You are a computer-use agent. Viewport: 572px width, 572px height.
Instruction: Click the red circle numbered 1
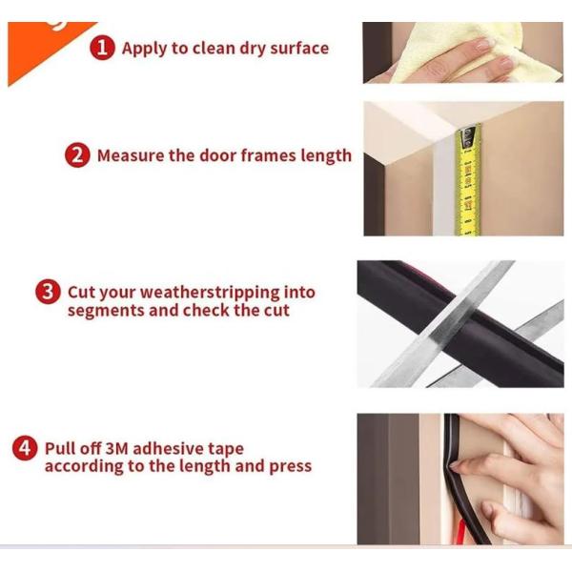coord(103,48)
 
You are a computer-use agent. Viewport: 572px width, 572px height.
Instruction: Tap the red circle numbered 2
coord(78,155)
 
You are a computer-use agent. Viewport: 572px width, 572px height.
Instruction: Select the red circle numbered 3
coord(49,293)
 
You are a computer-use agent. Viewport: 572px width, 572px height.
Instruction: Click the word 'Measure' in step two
coord(131,155)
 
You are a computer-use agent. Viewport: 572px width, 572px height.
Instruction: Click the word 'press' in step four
coord(290,466)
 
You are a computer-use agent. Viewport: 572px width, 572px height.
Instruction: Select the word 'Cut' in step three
coord(81,293)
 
